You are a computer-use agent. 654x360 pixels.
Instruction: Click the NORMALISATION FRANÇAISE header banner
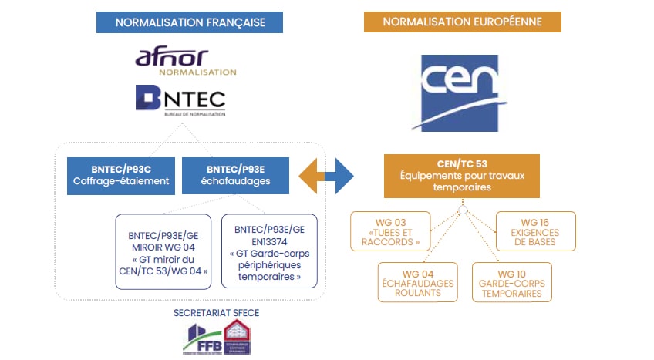point(190,22)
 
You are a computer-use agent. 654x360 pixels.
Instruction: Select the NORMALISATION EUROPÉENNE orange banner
point(462,22)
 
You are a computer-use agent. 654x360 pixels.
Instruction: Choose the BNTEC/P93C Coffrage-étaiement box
point(121,175)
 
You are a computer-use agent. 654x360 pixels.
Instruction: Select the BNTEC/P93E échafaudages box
point(234,175)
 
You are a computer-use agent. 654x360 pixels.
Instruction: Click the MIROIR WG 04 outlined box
point(162,251)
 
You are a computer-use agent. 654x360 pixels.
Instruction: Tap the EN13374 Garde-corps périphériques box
point(268,251)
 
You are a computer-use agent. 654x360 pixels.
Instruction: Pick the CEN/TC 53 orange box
point(461,176)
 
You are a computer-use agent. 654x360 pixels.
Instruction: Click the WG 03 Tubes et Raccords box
point(389,230)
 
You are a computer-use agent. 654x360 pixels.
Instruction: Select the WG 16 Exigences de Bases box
point(534,230)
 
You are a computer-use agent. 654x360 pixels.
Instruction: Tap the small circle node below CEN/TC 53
point(461,210)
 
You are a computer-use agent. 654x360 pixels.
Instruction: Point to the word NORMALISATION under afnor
point(197,72)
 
